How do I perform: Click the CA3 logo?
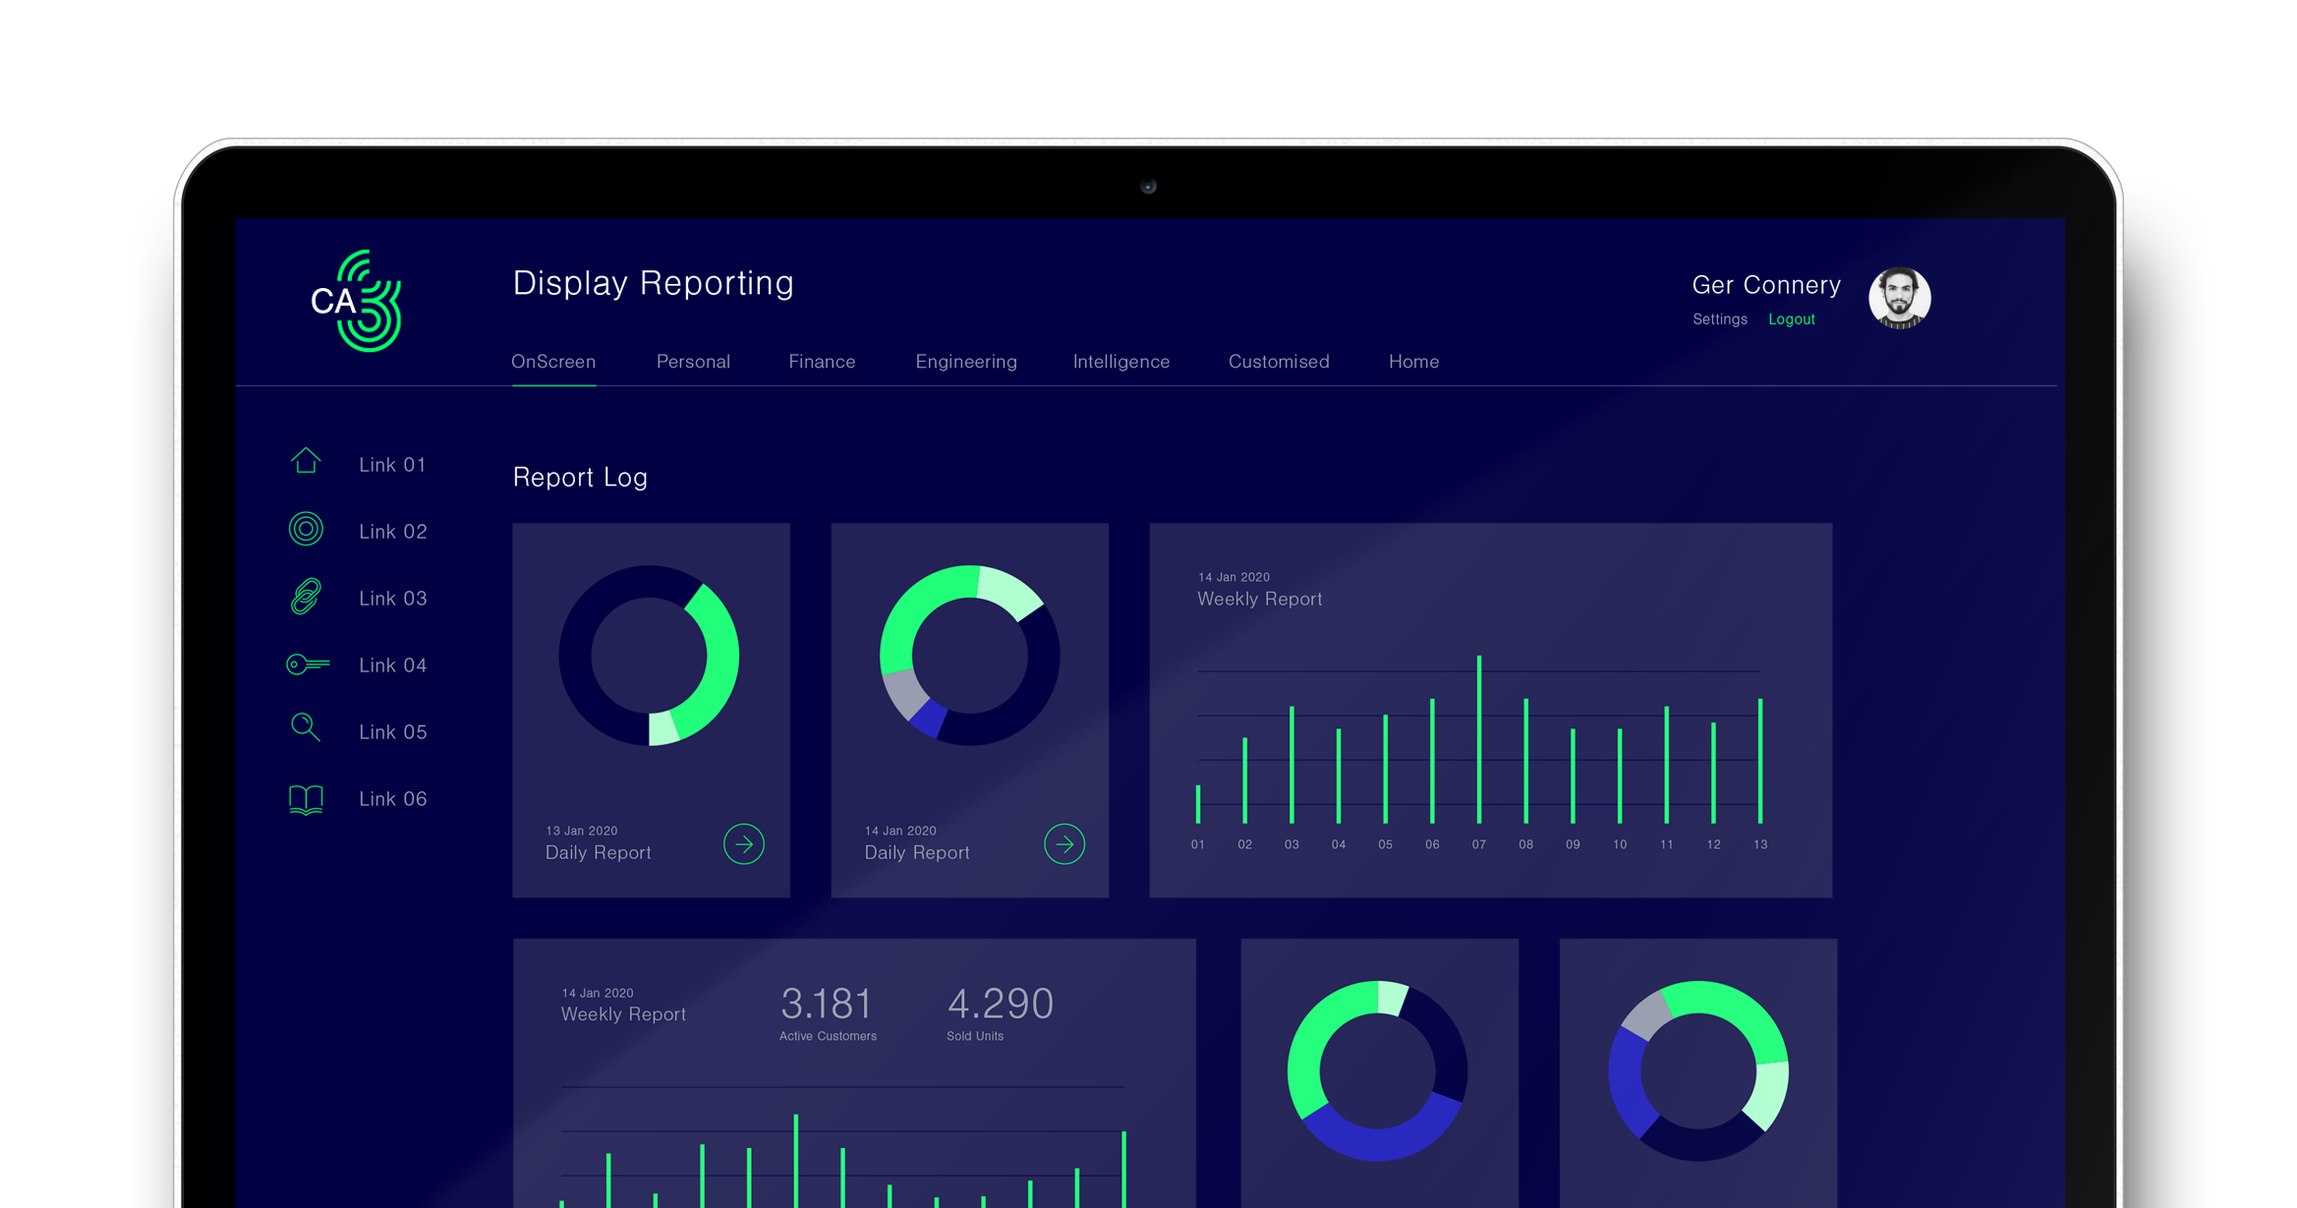(356, 301)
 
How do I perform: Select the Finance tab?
(822, 362)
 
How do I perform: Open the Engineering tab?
(966, 363)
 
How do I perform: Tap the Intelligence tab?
(1121, 363)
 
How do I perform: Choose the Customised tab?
(1279, 362)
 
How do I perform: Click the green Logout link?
(1792, 319)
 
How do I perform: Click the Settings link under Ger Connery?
(1720, 319)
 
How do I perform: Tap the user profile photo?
(1899, 298)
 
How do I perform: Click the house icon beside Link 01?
(306, 460)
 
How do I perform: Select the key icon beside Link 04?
(308, 665)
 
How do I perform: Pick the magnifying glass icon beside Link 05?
(306, 727)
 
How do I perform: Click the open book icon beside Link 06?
(306, 799)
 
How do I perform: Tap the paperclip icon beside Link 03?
(306, 597)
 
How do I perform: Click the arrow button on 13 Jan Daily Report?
(744, 844)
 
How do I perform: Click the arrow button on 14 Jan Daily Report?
(1064, 844)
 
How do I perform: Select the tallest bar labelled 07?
(1479, 739)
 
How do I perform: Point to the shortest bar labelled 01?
(1198, 804)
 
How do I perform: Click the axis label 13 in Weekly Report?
(1760, 844)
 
